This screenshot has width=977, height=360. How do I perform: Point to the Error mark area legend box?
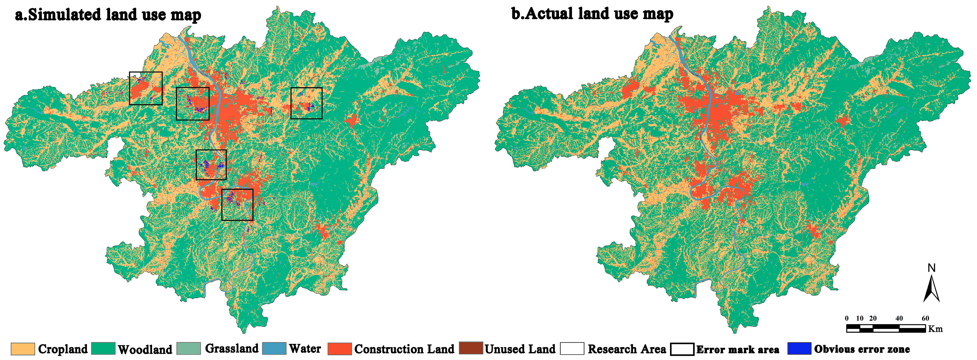click(682, 349)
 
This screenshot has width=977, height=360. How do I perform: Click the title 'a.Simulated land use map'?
click(108, 15)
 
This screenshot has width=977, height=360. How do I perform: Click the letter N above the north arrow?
click(931, 268)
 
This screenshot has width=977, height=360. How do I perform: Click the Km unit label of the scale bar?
click(935, 329)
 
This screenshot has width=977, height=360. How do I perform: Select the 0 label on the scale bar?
click(847, 318)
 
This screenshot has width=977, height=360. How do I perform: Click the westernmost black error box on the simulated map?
click(146, 88)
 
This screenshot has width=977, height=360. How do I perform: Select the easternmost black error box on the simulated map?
click(306, 103)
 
